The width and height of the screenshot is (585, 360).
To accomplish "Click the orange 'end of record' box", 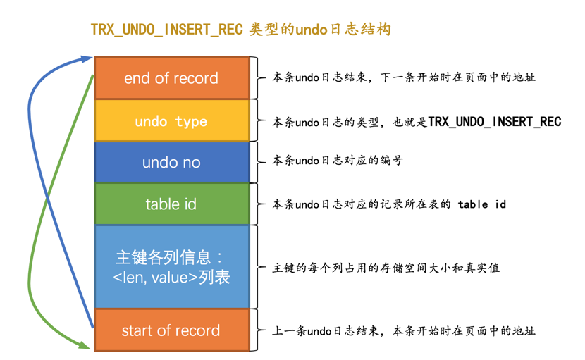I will click(x=171, y=78).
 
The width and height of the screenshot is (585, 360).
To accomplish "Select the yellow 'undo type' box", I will click(x=171, y=121).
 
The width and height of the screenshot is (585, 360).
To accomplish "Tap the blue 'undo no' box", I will click(x=171, y=163).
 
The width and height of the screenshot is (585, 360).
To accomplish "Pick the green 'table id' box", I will click(x=171, y=204).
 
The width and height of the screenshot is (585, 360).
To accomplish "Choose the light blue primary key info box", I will click(x=171, y=266).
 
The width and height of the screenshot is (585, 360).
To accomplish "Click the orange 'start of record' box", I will click(x=171, y=330).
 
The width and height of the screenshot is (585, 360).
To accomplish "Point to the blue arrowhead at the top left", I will click(x=87, y=58).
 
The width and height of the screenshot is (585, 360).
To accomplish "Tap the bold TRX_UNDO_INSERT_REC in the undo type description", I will click(x=495, y=122).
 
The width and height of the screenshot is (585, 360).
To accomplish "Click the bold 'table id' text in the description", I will click(x=481, y=204).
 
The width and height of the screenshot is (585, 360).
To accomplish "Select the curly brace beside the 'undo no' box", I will click(x=260, y=161).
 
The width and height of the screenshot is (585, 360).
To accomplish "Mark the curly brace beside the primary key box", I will click(x=260, y=266).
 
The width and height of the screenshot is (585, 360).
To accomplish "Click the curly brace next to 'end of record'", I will click(x=260, y=77).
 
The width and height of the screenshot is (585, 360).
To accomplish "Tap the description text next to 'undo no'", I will click(x=338, y=161).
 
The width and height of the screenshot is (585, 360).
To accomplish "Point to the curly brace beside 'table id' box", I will click(x=260, y=204).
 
